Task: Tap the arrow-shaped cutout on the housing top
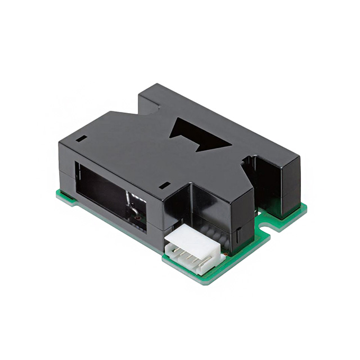(197, 134)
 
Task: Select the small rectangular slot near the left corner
(82, 138)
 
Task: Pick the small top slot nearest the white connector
(164, 184)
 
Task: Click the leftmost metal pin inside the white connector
(174, 247)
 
